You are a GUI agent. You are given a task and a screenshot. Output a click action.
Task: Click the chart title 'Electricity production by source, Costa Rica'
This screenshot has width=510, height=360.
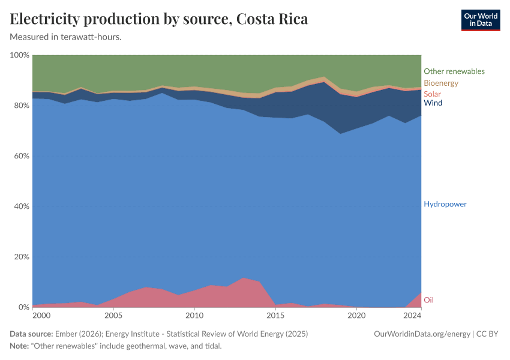click(159, 19)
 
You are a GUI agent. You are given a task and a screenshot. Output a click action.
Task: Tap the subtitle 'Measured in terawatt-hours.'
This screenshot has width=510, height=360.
click(66, 37)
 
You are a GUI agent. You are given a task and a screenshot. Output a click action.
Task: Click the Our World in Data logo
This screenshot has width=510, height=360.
click(480, 20)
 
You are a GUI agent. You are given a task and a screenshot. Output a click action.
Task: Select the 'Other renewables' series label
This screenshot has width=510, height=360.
click(454, 71)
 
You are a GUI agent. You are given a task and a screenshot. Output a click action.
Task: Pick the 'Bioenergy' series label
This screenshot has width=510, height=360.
click(440, 83)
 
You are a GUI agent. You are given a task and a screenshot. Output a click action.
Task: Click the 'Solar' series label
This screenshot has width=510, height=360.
click(432, 94)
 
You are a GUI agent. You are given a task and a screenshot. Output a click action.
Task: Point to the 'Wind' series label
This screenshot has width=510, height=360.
click(433, 103)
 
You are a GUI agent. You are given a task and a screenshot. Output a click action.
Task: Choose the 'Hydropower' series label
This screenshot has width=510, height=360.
click(445, 204)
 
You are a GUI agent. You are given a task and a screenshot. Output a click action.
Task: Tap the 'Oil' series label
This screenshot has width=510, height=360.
click(428, 300)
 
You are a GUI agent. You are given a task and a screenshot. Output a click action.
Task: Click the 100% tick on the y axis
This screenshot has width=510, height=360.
click(20, 55)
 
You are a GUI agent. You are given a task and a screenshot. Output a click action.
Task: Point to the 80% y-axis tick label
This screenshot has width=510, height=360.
click(21, 106)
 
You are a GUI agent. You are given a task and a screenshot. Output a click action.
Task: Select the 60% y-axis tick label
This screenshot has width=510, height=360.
click(21, 156)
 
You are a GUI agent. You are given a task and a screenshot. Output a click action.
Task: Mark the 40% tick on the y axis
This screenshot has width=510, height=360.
click(21, 206)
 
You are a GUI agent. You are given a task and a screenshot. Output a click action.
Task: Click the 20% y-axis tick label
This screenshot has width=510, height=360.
click(21, 257)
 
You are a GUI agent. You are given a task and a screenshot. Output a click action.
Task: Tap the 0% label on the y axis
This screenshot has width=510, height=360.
click(23, 307)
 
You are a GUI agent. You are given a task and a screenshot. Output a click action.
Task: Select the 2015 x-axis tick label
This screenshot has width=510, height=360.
click(275, 316)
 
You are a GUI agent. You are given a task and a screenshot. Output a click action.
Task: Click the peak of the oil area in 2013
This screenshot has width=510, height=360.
click(243, 278)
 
